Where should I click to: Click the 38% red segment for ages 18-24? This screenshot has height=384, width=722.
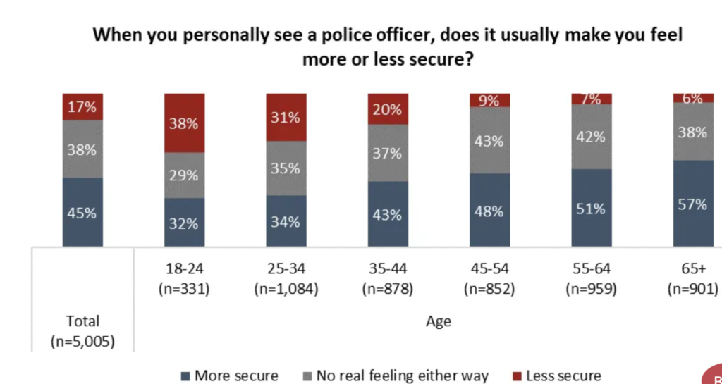click(x=184, y=123)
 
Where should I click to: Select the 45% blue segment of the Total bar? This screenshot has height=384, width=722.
click(x=82, y=212)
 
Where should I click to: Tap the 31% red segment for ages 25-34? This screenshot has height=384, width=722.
click(x=286, y=117)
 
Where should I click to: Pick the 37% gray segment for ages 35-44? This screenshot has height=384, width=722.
click(x=388, y=153)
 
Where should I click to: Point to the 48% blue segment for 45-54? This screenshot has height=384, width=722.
click(x=489, y=210)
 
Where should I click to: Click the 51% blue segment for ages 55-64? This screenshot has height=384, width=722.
click(x=591, y=208)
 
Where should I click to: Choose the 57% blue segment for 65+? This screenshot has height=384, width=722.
click(x=692, y=204)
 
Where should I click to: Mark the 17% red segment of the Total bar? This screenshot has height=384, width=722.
click(x=82, y=107)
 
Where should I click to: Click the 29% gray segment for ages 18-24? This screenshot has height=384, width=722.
click(x=184, y=175)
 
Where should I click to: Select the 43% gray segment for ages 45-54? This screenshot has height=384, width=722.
click(x=489, y=140)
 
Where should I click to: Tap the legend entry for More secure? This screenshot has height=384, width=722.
click(x=229, y=376)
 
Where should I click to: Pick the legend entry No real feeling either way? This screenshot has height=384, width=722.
click(x=394, y=376)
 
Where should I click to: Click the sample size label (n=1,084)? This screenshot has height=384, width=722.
click(x=286, y=288)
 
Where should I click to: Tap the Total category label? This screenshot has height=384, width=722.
click(x=82, y=322)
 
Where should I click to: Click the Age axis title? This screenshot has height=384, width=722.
click(x=438, y=322)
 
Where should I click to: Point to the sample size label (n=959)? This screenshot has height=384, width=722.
click(x=591, y=288)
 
